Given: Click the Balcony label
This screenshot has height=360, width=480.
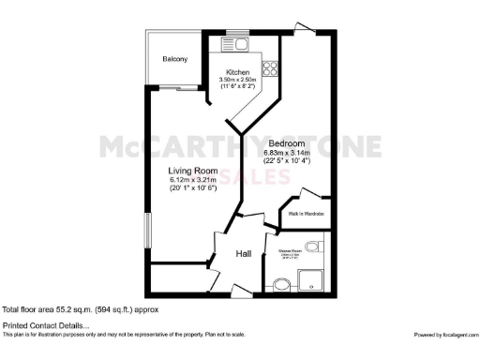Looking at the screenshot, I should [174, 59].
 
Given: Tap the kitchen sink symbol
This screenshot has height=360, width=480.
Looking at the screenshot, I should [239, 42].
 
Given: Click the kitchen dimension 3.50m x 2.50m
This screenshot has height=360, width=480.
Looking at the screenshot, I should [243, 81].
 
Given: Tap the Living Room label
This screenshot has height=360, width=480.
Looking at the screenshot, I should [192, 171].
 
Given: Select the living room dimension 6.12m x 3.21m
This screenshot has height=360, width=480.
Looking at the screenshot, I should [192, 179].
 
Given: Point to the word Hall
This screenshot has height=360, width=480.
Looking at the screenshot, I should [243, 253].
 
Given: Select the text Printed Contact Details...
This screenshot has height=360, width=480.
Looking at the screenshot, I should [38, 324].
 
